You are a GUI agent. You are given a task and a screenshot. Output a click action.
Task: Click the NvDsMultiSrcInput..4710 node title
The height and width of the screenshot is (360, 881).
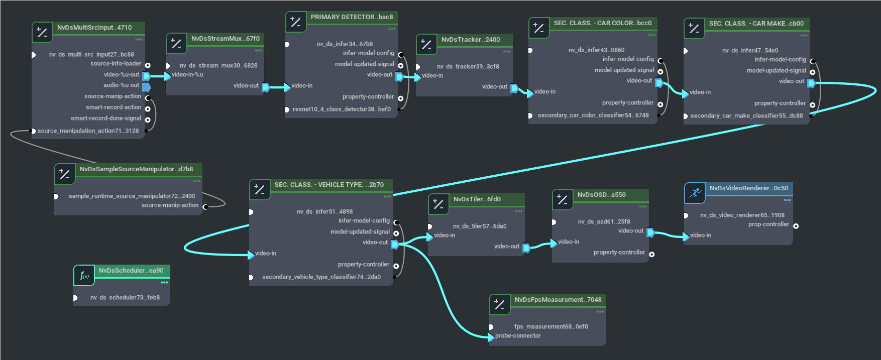pos(94,28)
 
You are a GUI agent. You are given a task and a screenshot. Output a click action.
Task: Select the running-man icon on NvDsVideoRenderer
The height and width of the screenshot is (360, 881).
pos(695,193)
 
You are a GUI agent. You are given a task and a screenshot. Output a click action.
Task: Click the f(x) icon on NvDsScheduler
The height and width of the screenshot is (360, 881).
pos(84,276)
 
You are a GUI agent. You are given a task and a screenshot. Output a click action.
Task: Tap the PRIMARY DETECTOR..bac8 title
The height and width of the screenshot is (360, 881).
pos(352,17)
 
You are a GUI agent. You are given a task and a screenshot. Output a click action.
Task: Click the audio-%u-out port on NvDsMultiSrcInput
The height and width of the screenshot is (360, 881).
pos(146,87)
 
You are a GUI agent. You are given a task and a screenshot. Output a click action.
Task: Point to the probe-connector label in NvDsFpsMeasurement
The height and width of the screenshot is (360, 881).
pos(518,336)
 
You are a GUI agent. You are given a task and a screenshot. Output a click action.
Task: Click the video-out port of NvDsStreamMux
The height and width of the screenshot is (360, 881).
pos(265,87)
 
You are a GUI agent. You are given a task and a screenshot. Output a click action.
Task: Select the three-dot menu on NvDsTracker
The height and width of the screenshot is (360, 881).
pos(506,51)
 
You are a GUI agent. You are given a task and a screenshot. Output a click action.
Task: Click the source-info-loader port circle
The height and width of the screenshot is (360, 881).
pos(148,65)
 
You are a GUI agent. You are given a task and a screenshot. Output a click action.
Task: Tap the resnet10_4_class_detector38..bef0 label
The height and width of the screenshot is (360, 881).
pos(342,109)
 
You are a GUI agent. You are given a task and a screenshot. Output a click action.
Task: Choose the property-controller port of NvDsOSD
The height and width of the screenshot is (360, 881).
pos(651,254)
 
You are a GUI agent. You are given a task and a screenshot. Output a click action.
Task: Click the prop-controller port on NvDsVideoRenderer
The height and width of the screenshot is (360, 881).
pos(796,226)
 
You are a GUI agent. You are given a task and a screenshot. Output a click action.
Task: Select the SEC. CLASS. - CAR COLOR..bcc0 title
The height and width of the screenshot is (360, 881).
pos(602,23)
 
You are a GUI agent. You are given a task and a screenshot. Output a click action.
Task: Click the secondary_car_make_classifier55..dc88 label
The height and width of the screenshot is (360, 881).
pos(746,116)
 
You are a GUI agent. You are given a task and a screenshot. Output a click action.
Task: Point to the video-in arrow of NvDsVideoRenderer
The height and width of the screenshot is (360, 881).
pos(686,236)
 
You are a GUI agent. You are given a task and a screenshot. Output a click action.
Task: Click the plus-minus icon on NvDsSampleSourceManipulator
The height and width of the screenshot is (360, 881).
pos(65,174)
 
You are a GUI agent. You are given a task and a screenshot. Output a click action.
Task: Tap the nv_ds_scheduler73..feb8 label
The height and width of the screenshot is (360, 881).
pos(125,298)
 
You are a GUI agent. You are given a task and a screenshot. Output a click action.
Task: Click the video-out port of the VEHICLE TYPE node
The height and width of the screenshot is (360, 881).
pos(394,244)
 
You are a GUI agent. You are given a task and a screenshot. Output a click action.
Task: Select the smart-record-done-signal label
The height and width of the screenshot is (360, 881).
pos(106,118)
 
